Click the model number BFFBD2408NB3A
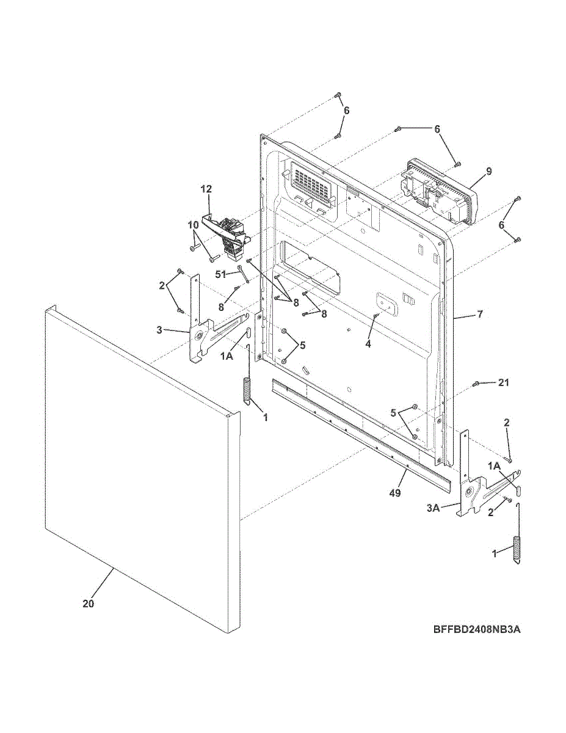(x=477, y=629)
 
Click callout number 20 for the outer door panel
(x=89, y=604)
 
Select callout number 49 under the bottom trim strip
(x=395, y=492)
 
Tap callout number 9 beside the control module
(x=488, y=171)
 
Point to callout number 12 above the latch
(x=205, y=189)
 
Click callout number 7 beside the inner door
(x=479, y=314)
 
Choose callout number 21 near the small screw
(x=503, y=383)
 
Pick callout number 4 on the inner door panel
(x=368, y=344)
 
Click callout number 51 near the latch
(x=220, y=274)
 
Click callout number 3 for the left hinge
(x=159, y=330)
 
